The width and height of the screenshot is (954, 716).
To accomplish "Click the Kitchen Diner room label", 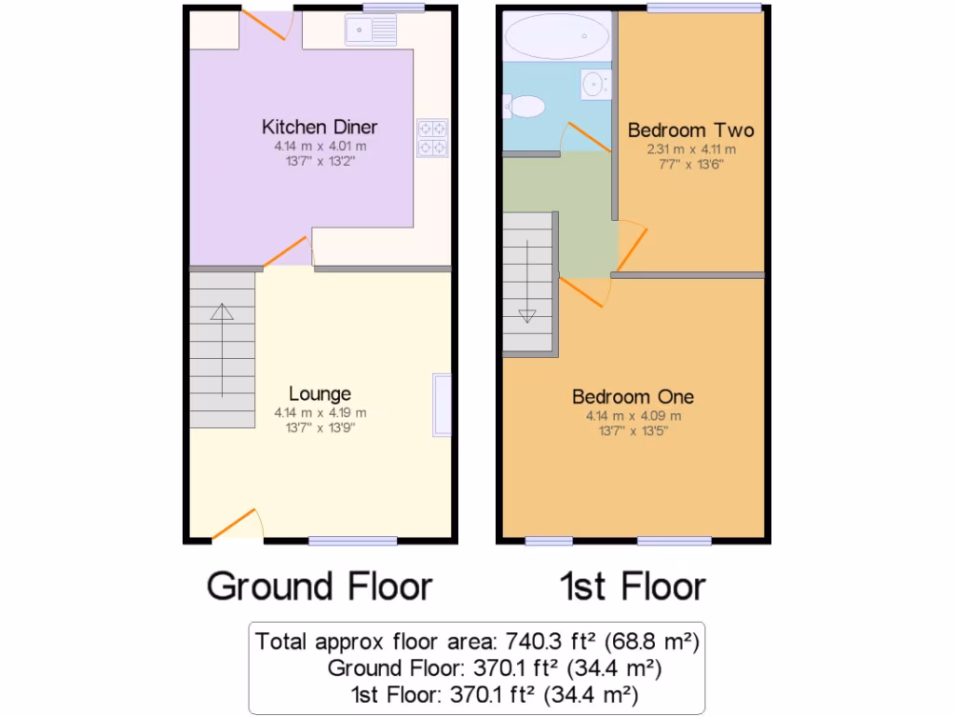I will click(320, 127).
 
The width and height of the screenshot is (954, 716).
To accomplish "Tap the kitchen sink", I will click(371, 31).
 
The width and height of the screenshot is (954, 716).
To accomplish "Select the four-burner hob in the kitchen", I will click(432, 138).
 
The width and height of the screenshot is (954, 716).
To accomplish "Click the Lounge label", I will click(320, 393).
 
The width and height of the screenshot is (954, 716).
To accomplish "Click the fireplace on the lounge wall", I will click(442, 404).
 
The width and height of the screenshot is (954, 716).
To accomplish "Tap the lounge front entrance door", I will click(237, 524).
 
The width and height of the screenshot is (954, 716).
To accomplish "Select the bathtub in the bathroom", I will click(555, 38).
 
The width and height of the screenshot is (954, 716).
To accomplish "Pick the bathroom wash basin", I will click(593, 85).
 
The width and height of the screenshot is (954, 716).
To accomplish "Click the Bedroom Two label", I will click(690, 130).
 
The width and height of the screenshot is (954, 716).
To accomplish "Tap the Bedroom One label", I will click(633, 397).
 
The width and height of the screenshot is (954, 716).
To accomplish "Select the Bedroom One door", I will click(585, 291).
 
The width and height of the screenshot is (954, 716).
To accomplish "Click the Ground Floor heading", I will click(320, 586).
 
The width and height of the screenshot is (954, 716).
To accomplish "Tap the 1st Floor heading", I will click(633, 586).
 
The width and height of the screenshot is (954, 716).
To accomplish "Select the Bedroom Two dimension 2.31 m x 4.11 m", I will click(690, 149).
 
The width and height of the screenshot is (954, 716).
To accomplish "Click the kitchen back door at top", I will click(266, 25).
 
